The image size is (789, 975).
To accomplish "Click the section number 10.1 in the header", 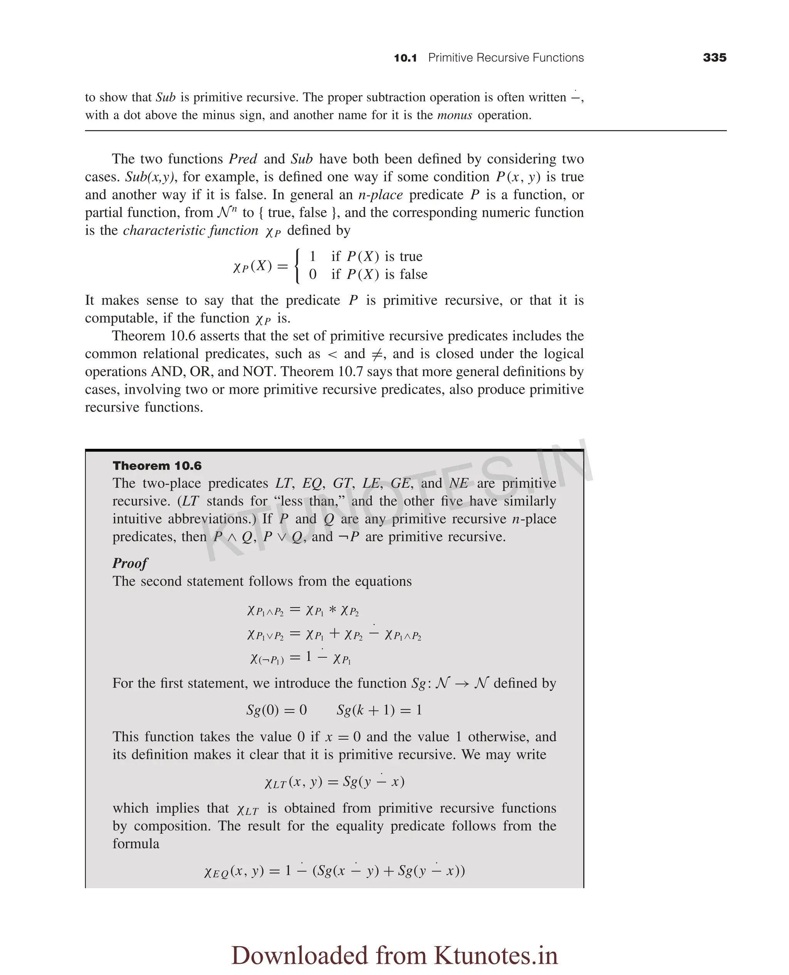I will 405,58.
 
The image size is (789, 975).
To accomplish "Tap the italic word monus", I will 455,115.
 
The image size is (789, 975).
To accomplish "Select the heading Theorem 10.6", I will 157,466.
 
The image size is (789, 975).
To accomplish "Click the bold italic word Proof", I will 130,563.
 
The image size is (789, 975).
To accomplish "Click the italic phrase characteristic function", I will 190,231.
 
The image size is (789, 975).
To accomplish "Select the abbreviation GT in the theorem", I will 342,483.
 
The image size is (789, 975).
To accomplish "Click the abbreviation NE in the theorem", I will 458,483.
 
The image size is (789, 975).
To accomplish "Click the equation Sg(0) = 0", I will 276,710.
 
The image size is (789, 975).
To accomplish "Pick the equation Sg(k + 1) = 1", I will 379,710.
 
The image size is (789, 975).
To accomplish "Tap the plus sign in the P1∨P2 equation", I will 334,633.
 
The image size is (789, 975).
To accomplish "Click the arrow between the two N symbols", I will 462,684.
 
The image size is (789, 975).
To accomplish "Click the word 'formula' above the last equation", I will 136,844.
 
